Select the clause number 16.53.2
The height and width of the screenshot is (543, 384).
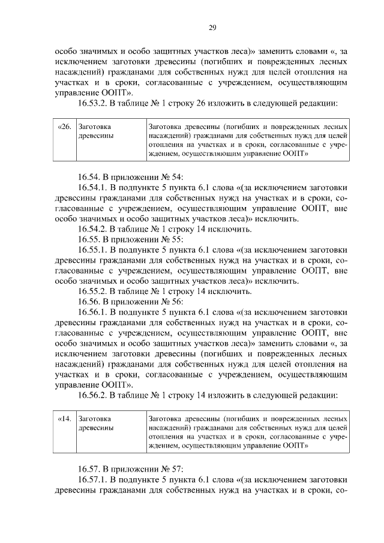[95, 104]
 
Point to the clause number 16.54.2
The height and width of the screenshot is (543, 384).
[95, 229]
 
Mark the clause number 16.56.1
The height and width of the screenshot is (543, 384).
[95, 313]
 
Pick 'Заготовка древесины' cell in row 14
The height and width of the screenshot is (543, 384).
[110, 433]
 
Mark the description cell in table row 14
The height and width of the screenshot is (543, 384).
[247, 433]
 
